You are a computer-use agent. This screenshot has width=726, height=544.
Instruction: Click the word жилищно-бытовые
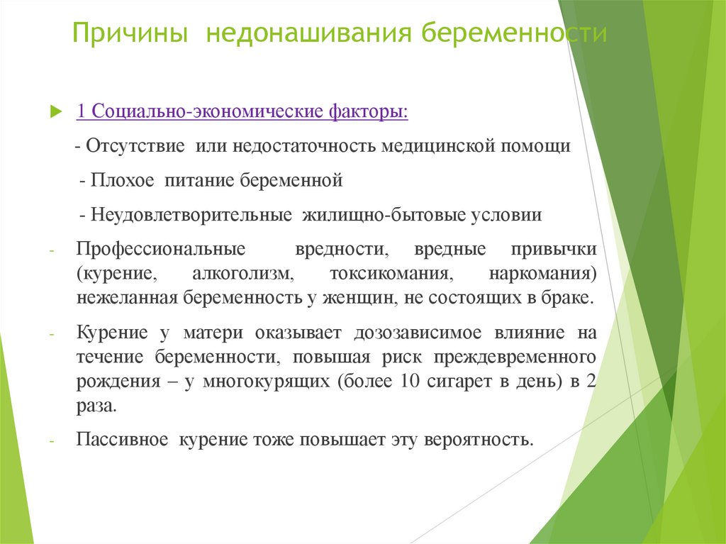tap(384, 214)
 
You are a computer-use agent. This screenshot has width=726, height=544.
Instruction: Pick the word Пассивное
tap(122, 438)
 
